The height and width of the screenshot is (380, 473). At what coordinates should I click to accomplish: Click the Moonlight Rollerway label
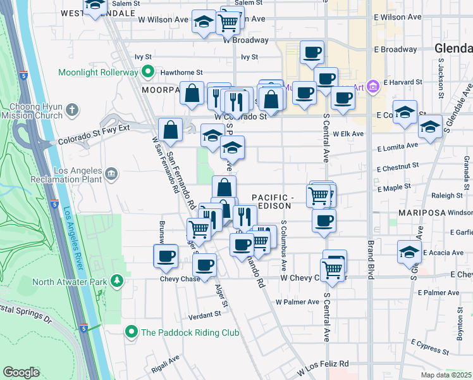tap(98, 72)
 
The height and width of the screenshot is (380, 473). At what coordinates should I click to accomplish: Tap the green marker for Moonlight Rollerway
tap(147, 72)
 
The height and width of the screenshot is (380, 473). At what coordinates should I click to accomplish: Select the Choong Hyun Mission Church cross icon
tap(73, 110)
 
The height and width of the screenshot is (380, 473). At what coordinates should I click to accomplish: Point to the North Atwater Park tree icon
tap(116, 280)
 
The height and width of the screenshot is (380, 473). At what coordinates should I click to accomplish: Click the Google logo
tap(21, 372)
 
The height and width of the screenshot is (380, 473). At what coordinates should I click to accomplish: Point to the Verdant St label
tap(204, 315)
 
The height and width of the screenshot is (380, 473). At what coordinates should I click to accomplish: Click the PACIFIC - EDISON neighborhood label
tap(271, 201)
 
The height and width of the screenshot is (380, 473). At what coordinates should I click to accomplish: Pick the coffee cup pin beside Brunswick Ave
tap(166, 256)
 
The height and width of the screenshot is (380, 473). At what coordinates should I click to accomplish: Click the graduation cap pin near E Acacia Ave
tap(409, 251)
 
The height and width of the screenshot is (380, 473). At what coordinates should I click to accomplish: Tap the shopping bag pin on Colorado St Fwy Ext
tap(171, 130)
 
